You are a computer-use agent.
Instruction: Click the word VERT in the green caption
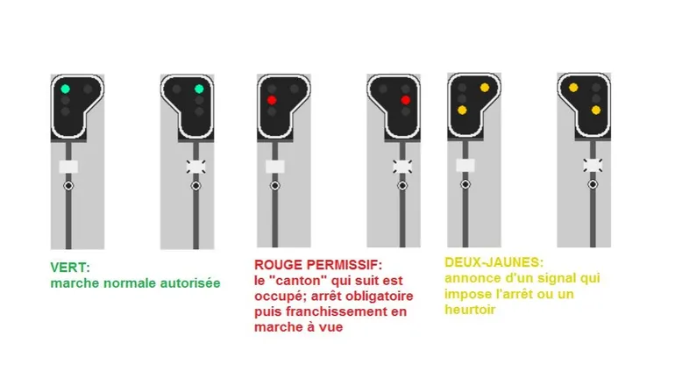pos(68,268)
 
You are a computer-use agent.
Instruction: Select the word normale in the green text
pos(130,283)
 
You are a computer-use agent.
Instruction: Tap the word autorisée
pos(190,283)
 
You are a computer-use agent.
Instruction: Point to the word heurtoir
pos(470,310)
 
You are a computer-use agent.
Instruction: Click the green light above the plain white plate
pos(65,89)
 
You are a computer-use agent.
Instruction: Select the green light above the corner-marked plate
pos(199,89)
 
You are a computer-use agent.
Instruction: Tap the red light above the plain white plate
pos(271,100)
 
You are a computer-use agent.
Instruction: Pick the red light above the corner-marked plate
pos(405,100)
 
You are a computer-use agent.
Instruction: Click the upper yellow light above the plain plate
pos(484,88)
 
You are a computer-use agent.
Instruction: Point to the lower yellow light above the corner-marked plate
pos(596,111)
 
